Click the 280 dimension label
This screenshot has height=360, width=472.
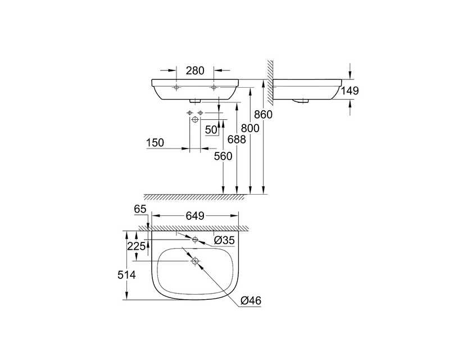tap(195, 70)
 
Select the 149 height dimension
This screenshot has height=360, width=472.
tap(350, 91)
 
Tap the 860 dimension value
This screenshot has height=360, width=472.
tap(263, 115)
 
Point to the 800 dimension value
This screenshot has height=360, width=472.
tap(250, 128)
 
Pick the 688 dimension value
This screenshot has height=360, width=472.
tap(237, 139)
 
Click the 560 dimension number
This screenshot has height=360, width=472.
tap(223, 156)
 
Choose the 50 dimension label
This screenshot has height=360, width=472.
tap(211, 130)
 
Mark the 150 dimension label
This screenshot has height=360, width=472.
tap(155, 143)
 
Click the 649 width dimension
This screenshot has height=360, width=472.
tap(195, 215)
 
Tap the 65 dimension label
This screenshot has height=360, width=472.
tap(140, 209)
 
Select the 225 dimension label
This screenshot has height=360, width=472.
tap(136, 246)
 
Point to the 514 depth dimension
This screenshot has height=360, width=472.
tap(126, 274)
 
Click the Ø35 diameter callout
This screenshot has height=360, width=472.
tap(224, 240)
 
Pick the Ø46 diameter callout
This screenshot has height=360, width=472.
tap(251, 300)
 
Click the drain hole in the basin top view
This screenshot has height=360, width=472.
tap(195, 261)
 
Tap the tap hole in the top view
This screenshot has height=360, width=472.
tap(195, 240)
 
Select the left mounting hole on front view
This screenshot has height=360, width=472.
tap(176, 87)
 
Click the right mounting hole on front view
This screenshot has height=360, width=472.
tap(214, 87)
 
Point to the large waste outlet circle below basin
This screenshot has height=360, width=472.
tap(195, 120)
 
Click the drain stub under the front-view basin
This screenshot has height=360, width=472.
tap(195, 101)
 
